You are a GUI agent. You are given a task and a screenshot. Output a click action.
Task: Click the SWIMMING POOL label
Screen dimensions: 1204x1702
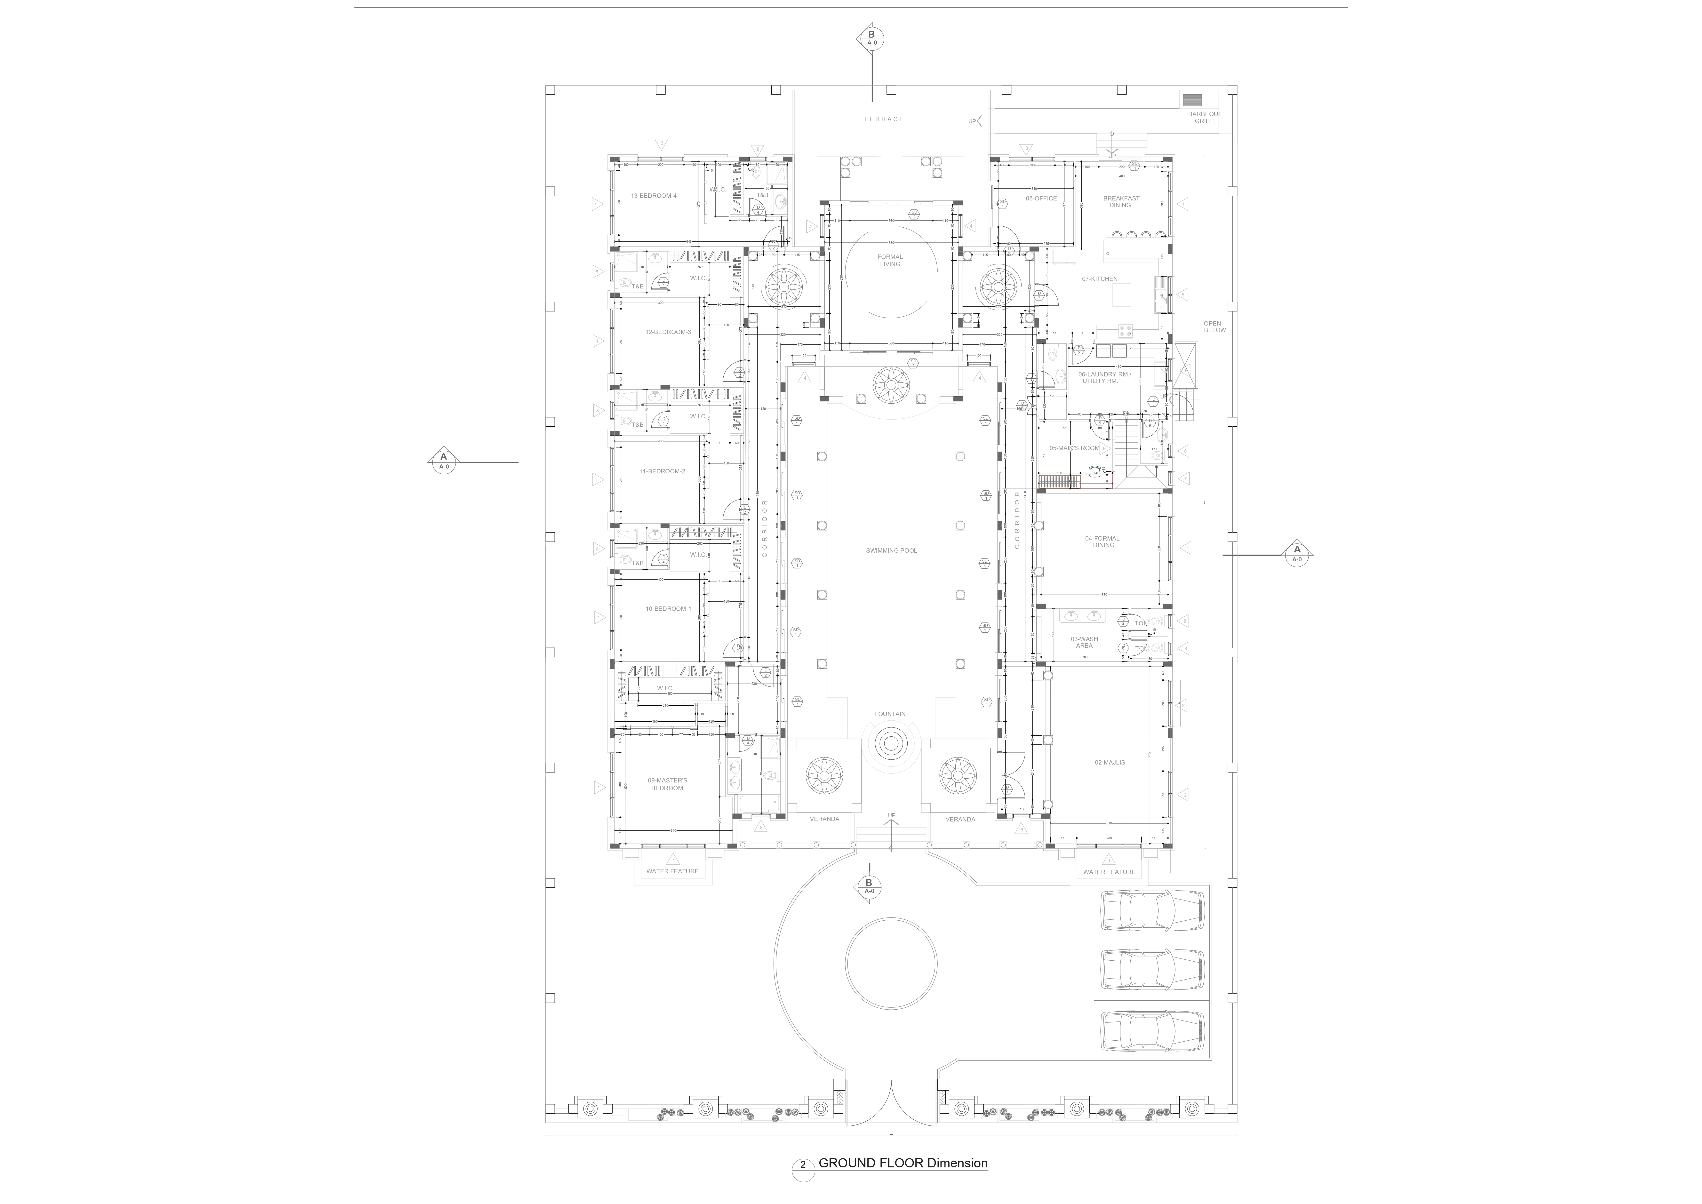891,551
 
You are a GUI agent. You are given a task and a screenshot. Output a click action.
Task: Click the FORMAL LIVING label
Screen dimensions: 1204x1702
890,260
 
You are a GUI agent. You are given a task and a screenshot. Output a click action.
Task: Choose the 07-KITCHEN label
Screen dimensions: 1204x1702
1099,279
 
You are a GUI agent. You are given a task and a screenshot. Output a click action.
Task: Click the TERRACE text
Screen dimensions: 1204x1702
884,119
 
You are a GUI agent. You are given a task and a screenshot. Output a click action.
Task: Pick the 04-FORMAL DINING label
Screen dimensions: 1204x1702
1102,542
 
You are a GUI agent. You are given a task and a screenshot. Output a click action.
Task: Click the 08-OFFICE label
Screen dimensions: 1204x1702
1041,199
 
